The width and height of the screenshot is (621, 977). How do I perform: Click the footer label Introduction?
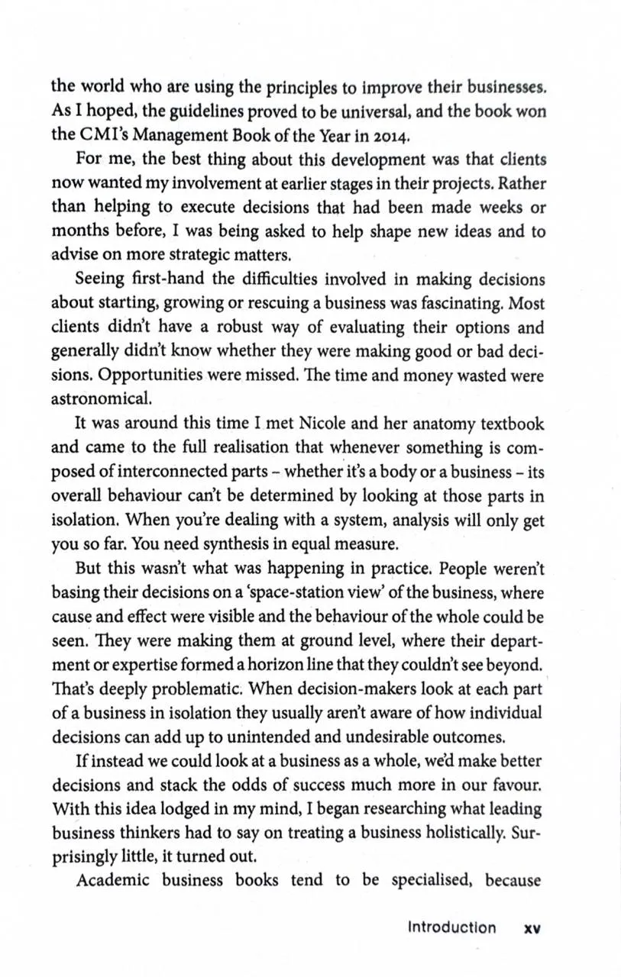coord(451,928)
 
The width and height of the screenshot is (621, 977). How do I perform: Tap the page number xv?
coord(532,929)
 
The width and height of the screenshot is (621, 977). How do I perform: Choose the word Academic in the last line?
coord(113,880)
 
